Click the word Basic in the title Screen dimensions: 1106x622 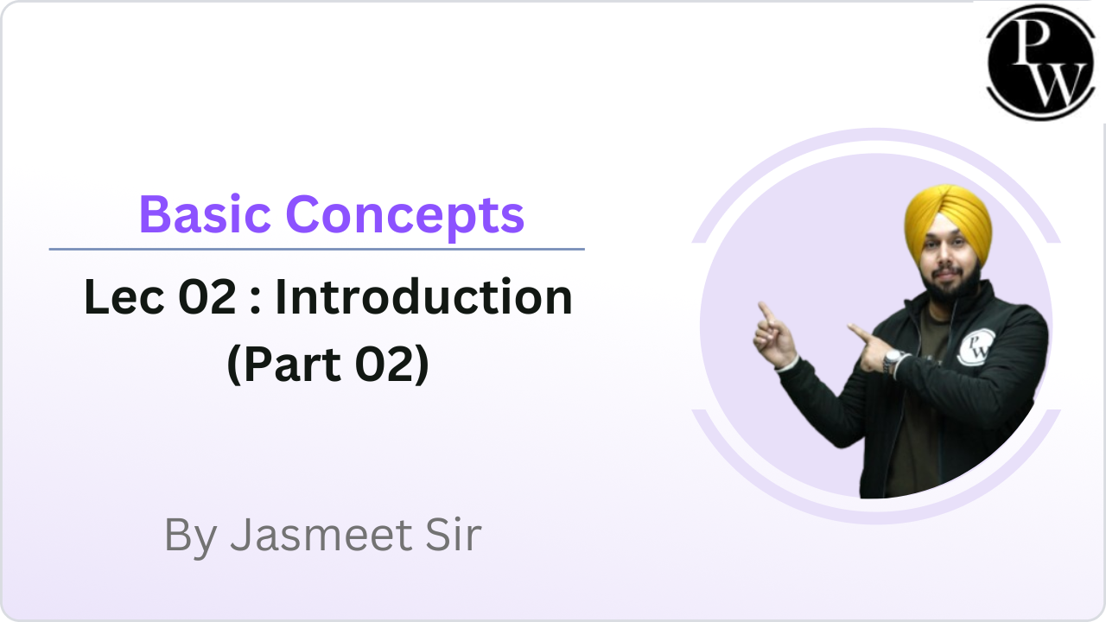pyautogui.click(x=205, y=215)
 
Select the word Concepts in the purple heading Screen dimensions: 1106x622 pyautogui.click(x=405, y=217)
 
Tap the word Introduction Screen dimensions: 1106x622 pyautogui.click(x=423, y=296)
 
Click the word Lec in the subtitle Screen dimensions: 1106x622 pyautogui.click(x=124, y=296)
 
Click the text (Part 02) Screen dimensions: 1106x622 pyautogui.click(x=327, y=365)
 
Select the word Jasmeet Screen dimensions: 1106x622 pyautogui.click(x=321, y=535)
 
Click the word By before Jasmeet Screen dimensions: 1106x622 pyautogui.click(x=191, y=537)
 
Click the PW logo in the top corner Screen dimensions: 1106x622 pyautogui.click(x=1040, y=62)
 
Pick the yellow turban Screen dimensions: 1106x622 pyautogui.click(x=948, y=219)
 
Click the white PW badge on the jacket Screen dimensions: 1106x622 pyautogui.click(x=976, y=347)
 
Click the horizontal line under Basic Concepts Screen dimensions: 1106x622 pyautogui.click(x=316, y=250)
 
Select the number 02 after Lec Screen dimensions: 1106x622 pyautogui.click(x=207, y=296)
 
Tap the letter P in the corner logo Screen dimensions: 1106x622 pyautogui.click(x=1033, y=41)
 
